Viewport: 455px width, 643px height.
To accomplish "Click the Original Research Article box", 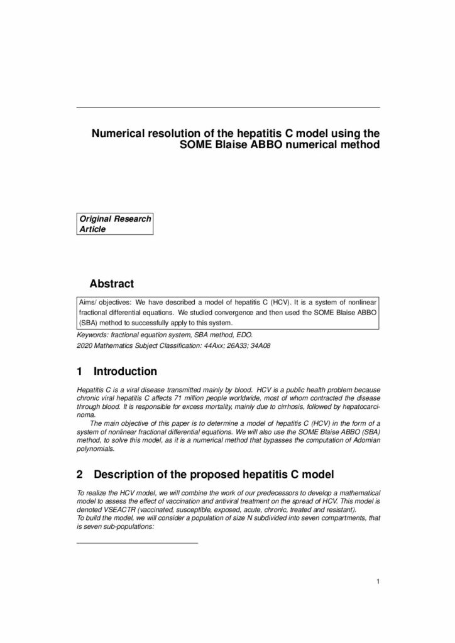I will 115,224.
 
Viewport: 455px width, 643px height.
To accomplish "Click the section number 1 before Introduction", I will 79,372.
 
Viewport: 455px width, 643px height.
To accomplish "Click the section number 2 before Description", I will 79,472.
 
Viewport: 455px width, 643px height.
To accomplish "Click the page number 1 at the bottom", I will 378,581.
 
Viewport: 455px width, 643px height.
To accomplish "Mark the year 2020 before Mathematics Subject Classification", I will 84,345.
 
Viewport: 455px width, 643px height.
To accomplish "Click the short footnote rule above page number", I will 137,542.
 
